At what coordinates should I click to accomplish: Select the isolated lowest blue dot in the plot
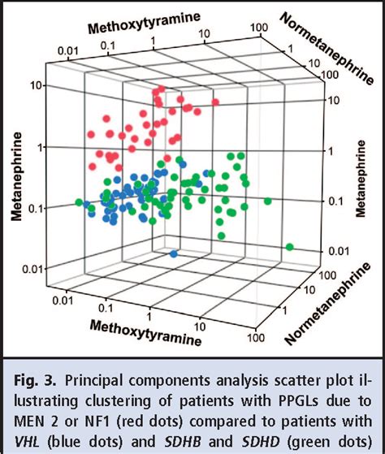pyautogui.click(x=174, y=253)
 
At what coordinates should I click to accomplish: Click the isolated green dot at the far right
pyautogui.click(x=290, y=247)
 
